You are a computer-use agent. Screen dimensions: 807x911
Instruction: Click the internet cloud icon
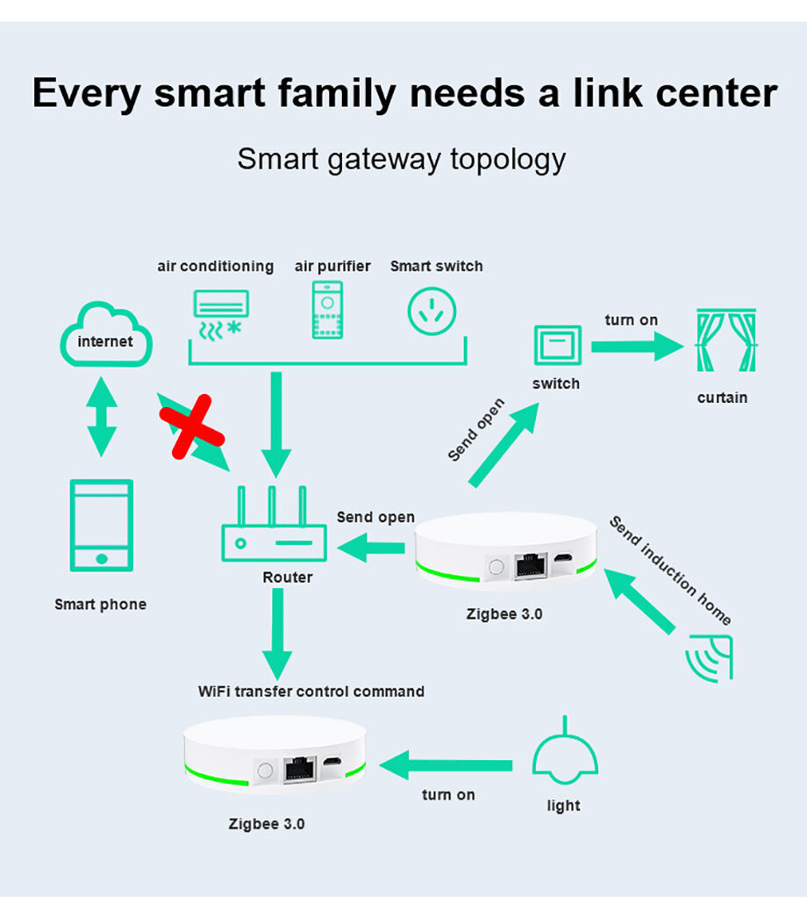[106, 334]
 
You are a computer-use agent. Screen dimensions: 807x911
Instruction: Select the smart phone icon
[102, 525]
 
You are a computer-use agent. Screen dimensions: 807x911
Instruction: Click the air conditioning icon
[221, 314]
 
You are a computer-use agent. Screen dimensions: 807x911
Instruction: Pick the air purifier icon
[327, 310]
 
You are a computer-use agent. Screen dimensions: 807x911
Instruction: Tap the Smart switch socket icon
[432, 312]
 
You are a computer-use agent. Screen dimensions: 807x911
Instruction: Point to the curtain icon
[726, 340]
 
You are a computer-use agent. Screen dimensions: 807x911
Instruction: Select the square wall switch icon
[557, 345]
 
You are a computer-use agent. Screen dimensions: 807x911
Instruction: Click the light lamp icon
[565, 750]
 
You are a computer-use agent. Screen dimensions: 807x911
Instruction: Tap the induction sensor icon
[710, 657]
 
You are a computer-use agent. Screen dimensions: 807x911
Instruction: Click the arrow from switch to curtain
[638, 347]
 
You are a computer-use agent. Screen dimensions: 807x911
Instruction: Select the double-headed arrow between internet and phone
[102, 417]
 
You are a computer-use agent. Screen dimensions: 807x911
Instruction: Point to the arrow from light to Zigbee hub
[446, 765]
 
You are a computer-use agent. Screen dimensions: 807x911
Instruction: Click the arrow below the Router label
[277, 634]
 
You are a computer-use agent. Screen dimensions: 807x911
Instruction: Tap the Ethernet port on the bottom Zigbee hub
[300, 769]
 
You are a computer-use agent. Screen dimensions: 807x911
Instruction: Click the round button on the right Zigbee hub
[496, 567]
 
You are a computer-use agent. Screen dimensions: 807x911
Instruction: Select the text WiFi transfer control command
[311, 692]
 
